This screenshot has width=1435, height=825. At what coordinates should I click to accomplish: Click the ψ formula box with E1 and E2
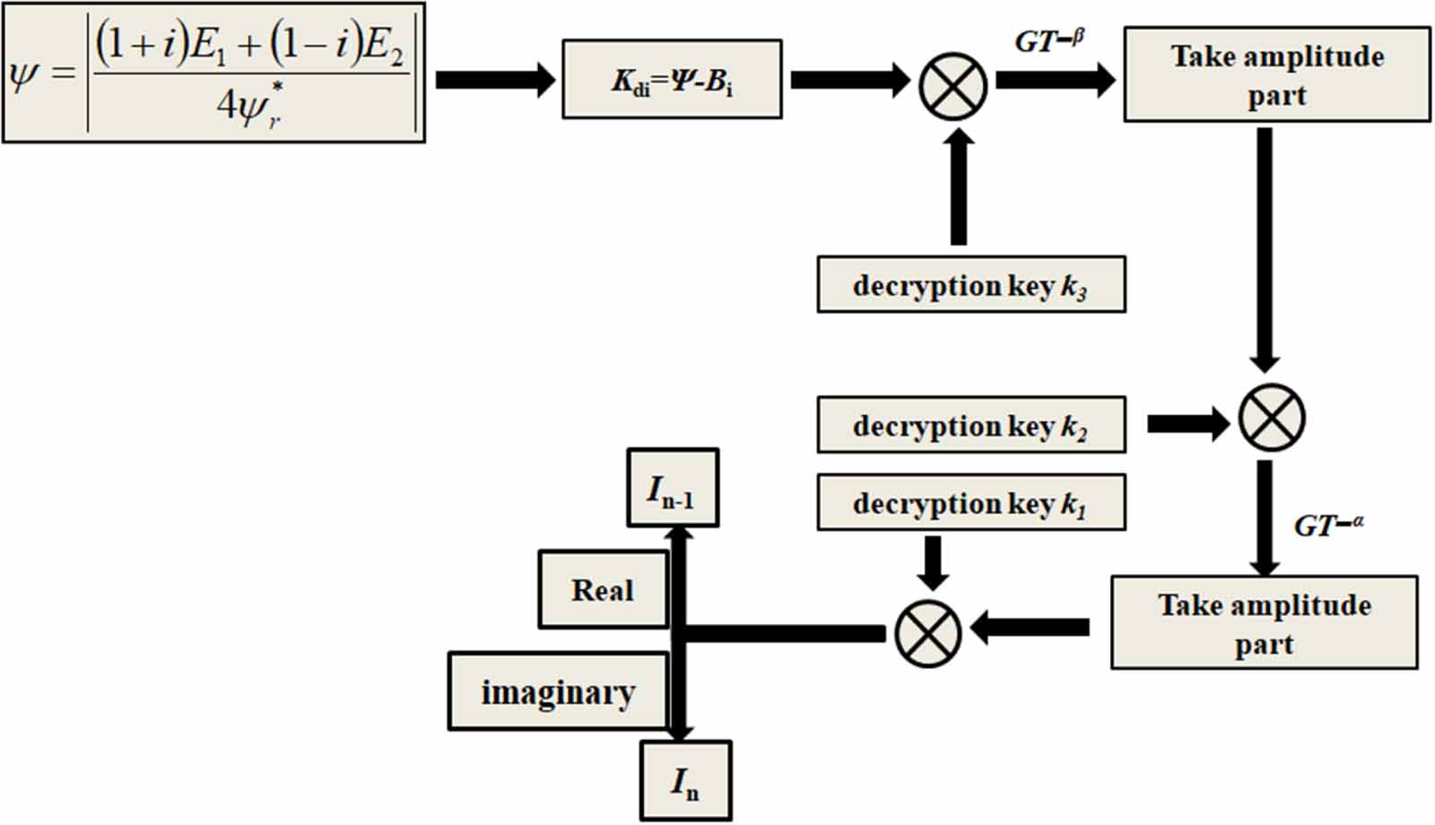coord(213,73)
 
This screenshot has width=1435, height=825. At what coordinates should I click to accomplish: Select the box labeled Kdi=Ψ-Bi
coord(672,80)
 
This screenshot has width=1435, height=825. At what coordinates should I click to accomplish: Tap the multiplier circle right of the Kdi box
coord(952,86)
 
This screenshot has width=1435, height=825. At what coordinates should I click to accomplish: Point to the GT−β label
coord(1049,40)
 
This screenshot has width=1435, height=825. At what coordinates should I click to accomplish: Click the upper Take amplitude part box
coord(1276,75)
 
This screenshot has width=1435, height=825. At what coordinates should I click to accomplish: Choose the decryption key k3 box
coord(970,285)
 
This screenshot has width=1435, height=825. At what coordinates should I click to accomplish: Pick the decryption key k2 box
coord(970,425)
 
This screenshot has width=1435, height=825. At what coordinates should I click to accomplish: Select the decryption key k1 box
coord(970,503)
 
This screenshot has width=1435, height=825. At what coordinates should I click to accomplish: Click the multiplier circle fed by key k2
coord(1271,418)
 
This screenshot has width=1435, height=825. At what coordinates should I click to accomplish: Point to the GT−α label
coord(1328,525)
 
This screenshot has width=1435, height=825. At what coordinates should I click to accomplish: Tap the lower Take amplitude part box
coord(1264,623)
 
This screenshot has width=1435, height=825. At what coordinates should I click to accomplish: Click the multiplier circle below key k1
coord(927,633)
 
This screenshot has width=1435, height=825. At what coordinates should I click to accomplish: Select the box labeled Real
coord(603,589)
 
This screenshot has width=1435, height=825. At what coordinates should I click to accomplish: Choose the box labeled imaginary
coord(558,691)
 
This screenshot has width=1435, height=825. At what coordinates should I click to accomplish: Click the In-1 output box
coord(673,488)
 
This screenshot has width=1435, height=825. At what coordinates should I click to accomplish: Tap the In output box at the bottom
coord(685,780)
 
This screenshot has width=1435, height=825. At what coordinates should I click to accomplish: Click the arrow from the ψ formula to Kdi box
coord(494,80)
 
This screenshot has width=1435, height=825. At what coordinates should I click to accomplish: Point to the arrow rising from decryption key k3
coord(959,187)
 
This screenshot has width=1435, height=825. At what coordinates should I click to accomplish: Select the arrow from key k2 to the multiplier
coord(1187,423)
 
